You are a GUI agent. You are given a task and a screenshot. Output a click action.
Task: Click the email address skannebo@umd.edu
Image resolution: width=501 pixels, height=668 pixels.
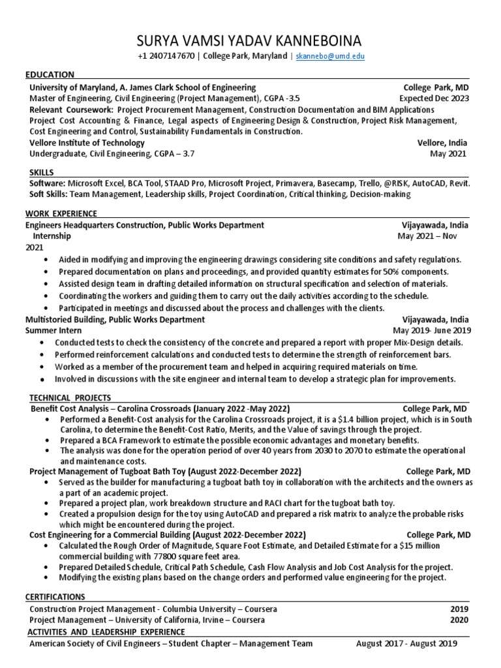330,57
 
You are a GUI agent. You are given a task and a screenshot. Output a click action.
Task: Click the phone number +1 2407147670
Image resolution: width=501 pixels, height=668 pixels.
166,57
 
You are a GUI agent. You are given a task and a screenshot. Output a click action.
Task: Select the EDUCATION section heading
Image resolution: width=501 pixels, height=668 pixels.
50,74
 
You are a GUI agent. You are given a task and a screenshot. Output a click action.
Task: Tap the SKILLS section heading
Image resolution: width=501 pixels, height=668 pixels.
41,171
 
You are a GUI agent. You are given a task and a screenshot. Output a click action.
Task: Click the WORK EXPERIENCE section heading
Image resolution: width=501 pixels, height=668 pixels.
61,213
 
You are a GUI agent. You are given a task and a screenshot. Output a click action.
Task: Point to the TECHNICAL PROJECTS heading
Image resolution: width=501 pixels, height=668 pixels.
70,398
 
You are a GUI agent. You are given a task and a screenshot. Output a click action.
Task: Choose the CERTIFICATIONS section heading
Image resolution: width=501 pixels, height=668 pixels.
55,597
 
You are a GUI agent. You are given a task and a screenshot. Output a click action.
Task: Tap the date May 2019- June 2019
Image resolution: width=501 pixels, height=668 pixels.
431,331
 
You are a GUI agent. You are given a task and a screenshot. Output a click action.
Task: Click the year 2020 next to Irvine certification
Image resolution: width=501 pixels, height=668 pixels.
459,620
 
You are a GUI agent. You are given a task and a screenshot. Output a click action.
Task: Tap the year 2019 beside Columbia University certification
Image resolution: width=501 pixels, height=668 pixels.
459,609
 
